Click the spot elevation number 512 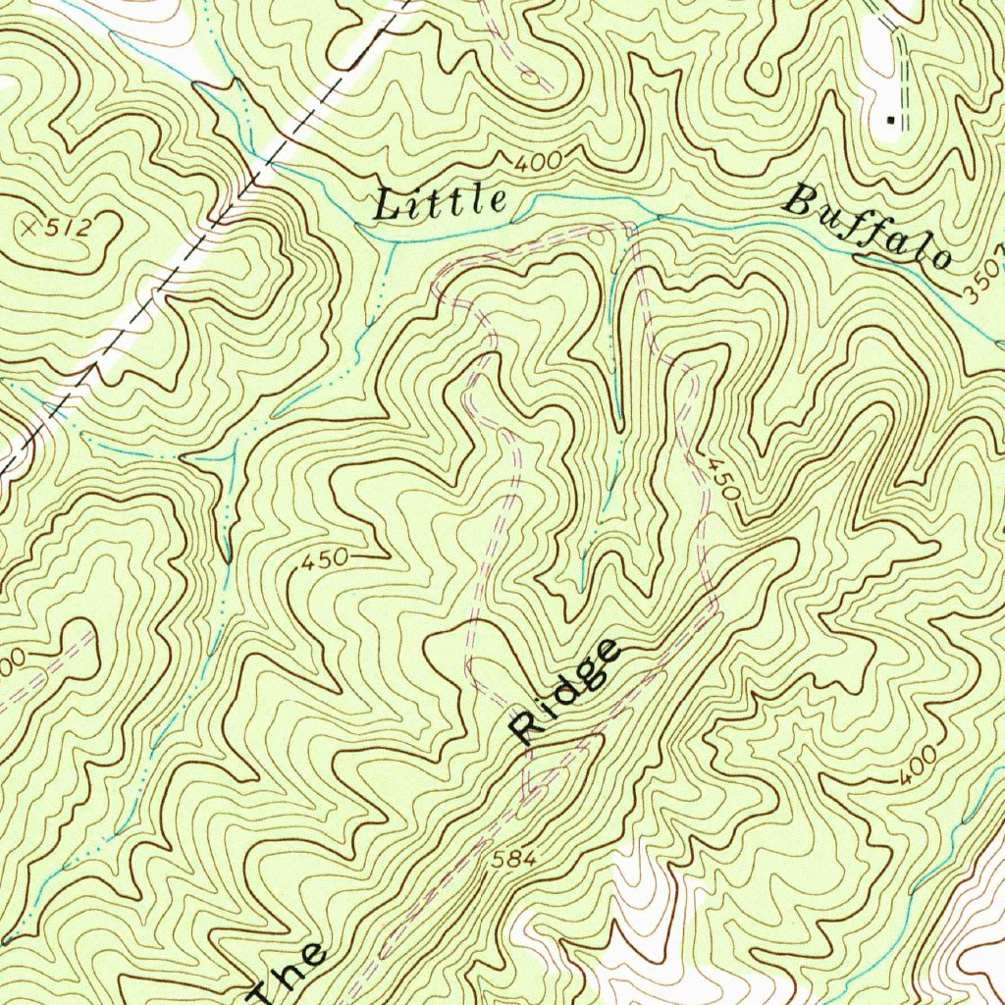point(70,229)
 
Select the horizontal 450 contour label point(324,560)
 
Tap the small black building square point(891,120)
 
